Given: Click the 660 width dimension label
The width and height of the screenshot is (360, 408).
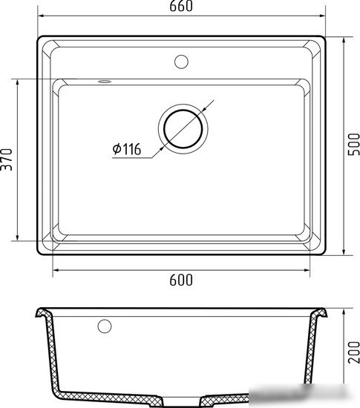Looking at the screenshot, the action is coord(181,6).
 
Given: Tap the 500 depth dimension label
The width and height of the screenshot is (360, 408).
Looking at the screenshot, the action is coord(354,144).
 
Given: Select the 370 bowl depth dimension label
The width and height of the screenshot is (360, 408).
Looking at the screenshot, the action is coord(7,159).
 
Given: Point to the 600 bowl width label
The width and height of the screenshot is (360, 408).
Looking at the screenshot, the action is coord(181,280).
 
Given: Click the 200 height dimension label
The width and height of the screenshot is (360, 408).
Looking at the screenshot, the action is coord(354,352).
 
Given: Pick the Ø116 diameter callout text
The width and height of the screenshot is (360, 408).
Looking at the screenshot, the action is coord(127,149).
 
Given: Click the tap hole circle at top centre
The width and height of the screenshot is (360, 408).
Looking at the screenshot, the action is coord(181,62).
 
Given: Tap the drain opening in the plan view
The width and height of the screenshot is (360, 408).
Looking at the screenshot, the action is coord(183,129).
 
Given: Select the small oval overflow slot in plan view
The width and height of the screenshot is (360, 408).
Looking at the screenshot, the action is coord(105,82).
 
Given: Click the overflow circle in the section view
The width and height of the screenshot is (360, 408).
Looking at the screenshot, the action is coord(105,326).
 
